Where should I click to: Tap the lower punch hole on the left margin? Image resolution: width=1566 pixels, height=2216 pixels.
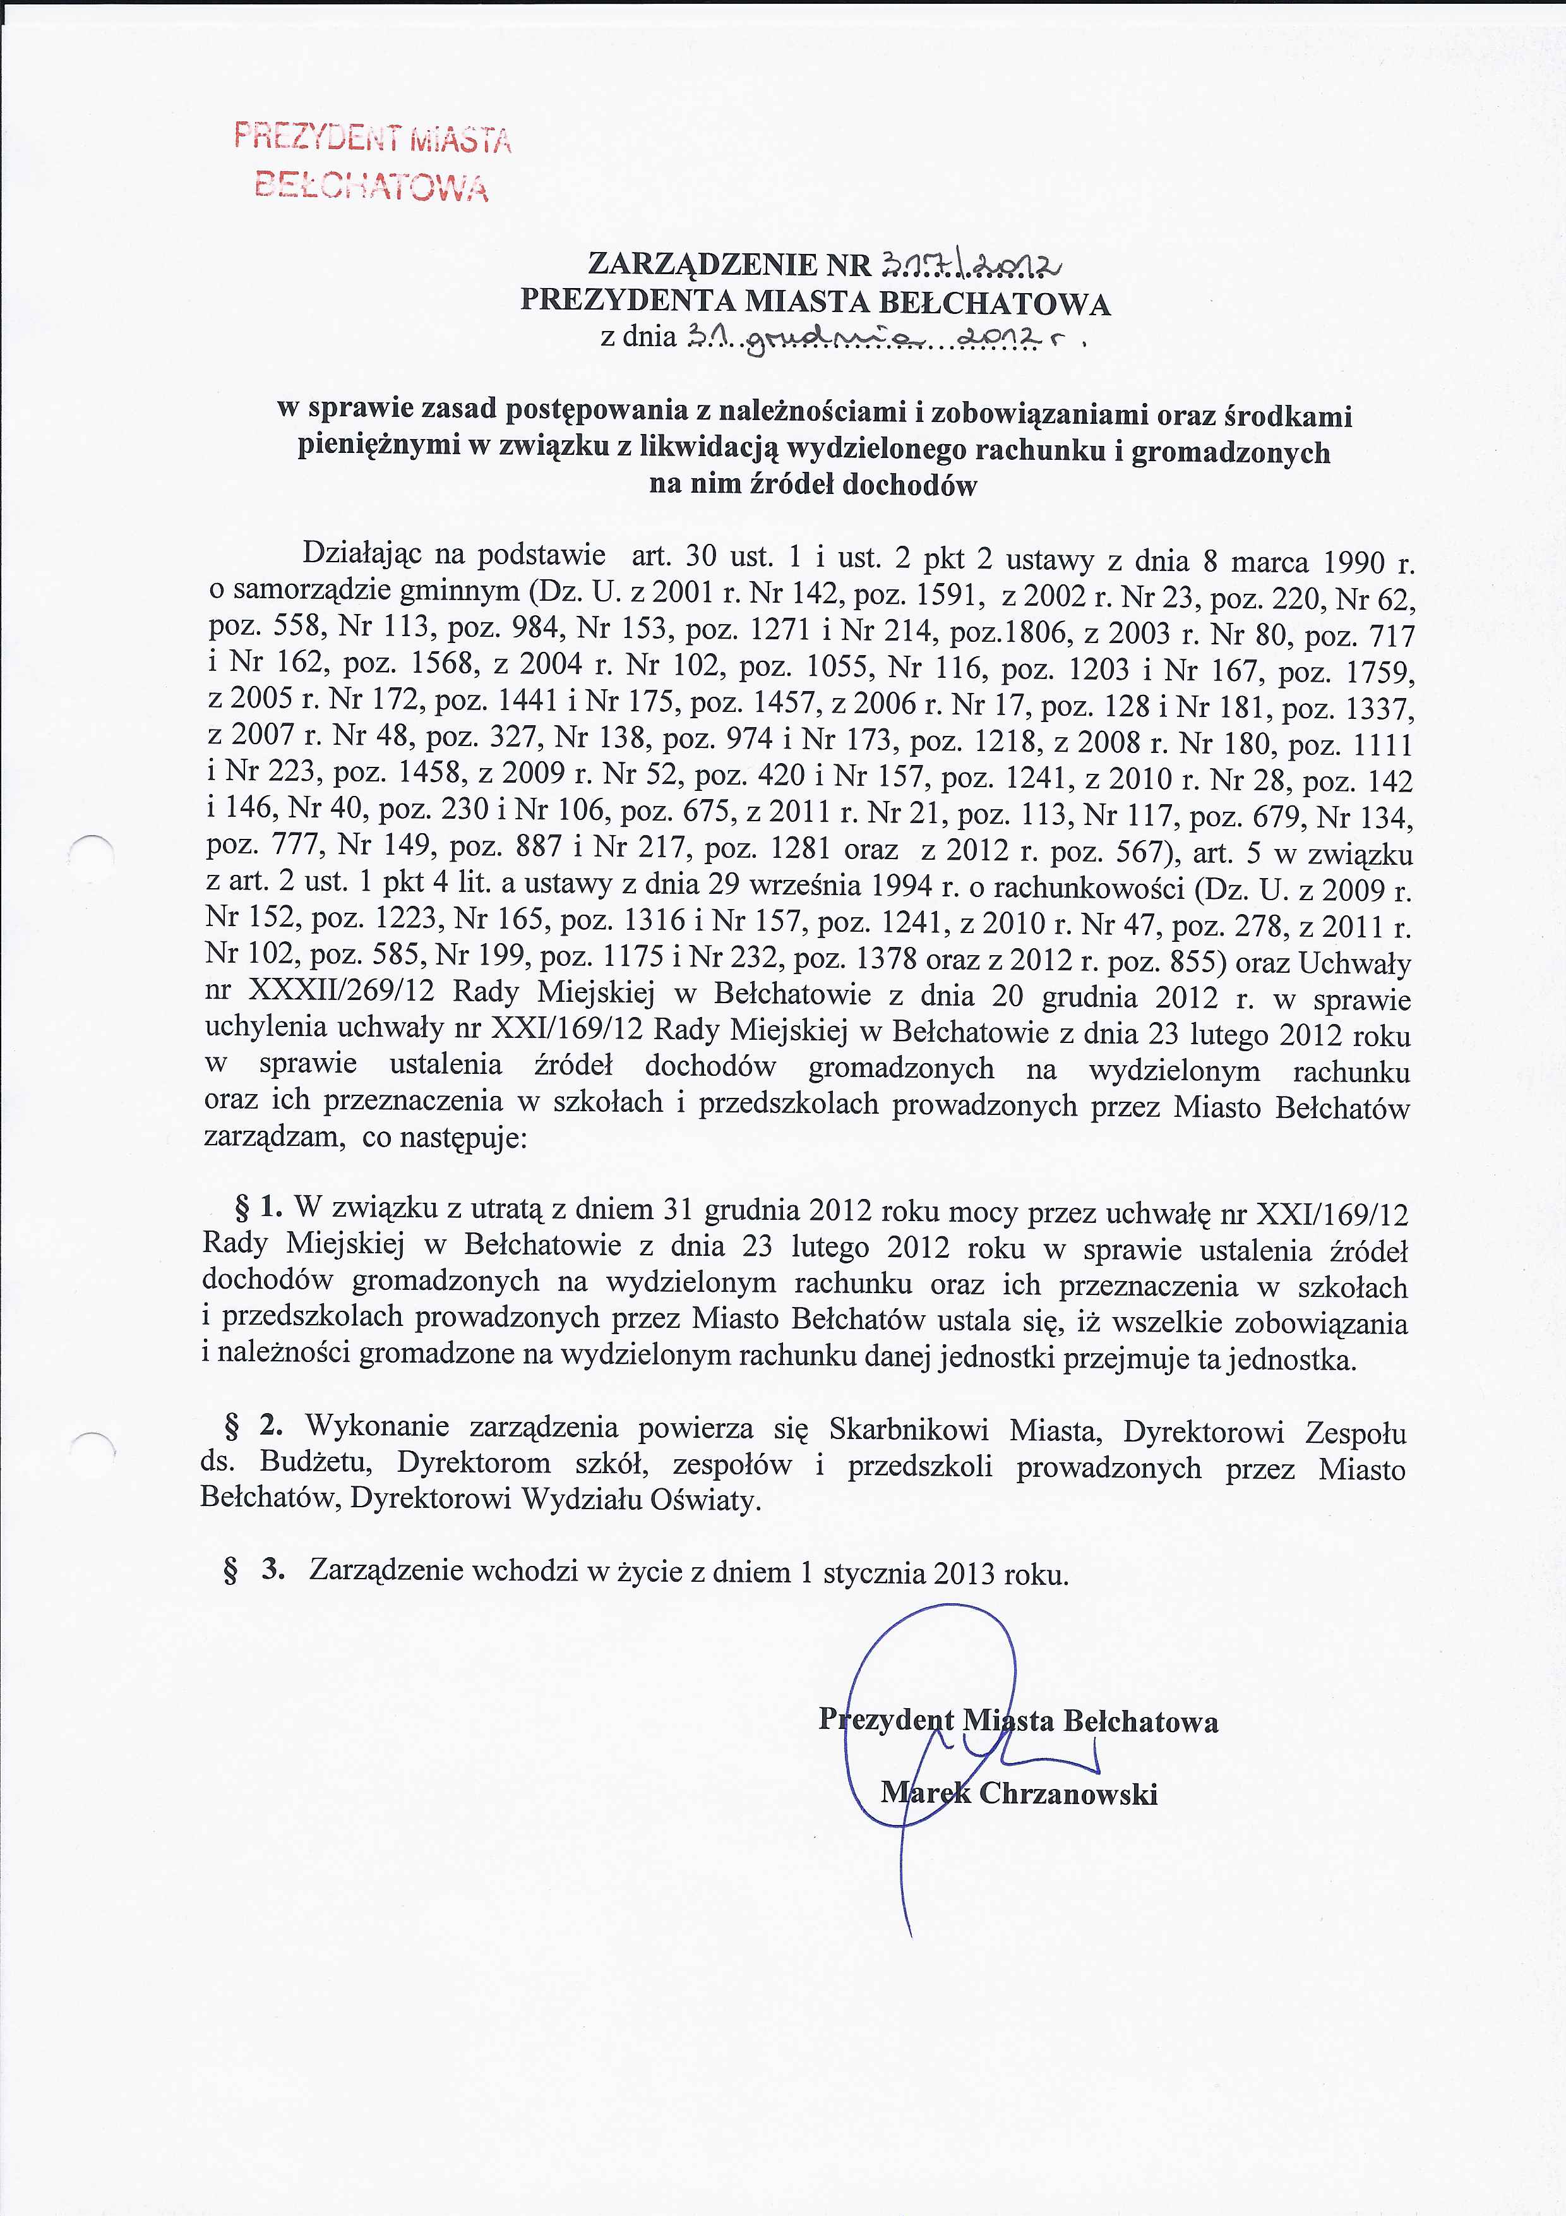[93, 1450]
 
